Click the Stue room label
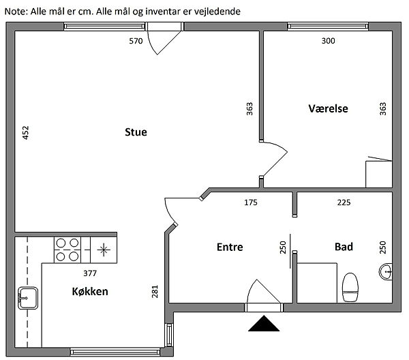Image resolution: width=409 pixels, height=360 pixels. point(136,132)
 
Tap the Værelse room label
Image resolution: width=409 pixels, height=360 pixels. point(328,108)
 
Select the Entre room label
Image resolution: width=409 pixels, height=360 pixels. point(230,247)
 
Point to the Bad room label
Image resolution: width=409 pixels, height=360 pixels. point(344,247)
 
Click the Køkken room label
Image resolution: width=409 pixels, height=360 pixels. point(91,291)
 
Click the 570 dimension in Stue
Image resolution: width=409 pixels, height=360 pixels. point(136,41)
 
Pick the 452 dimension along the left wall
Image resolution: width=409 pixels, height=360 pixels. point(26,132)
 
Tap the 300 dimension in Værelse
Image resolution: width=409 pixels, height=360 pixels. point(328,41)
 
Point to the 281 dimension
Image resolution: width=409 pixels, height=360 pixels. point(155,292)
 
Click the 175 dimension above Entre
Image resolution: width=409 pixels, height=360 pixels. point(252,202)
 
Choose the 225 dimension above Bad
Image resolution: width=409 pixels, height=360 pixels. point(344,202)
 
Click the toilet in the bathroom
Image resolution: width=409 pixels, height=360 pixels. point(350,286)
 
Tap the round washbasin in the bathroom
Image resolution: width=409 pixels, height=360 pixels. point(385,271)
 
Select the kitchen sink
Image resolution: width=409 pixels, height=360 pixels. point(28,297)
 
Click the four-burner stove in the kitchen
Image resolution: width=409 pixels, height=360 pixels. point(67,249)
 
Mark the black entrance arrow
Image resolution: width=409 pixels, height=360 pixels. point(264,323)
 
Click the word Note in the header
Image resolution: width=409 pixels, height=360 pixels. point(15,12)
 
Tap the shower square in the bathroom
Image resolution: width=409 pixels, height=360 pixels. point(318,281)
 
